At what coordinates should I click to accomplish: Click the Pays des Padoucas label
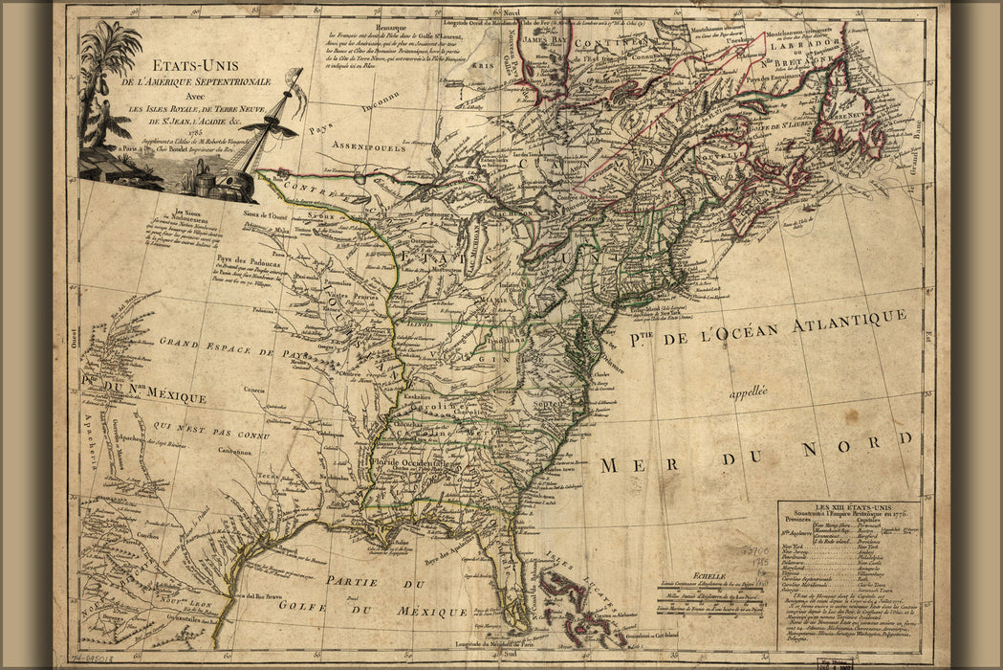[241, 260]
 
